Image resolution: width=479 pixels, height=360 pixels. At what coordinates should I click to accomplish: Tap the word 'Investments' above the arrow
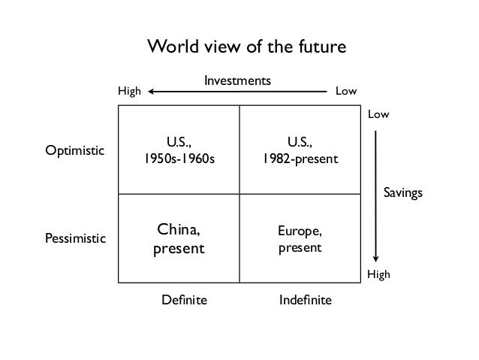tap(237, 80)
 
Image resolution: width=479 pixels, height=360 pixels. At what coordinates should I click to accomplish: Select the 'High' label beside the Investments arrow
tap(130, 92)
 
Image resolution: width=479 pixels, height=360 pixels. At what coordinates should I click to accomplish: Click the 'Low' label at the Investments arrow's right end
tap(345, 92)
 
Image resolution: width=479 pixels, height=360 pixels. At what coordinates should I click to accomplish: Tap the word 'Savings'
tap(403, 193)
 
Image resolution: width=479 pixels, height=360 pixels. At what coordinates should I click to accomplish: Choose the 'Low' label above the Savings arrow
tap(378, 114)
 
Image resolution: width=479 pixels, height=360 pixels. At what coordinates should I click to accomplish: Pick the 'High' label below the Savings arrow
tap(378, 276)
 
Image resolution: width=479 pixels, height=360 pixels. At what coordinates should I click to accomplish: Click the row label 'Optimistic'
tap(74, 150)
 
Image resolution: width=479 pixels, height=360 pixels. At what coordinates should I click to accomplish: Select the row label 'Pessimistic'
tap(76, 238)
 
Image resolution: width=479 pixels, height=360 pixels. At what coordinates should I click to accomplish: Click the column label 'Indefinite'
tap(305, 301)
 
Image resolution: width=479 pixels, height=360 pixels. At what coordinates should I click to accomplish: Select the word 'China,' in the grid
tap(179, 230)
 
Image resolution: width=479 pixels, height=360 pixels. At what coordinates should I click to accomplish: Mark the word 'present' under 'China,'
tap(179, 247)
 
